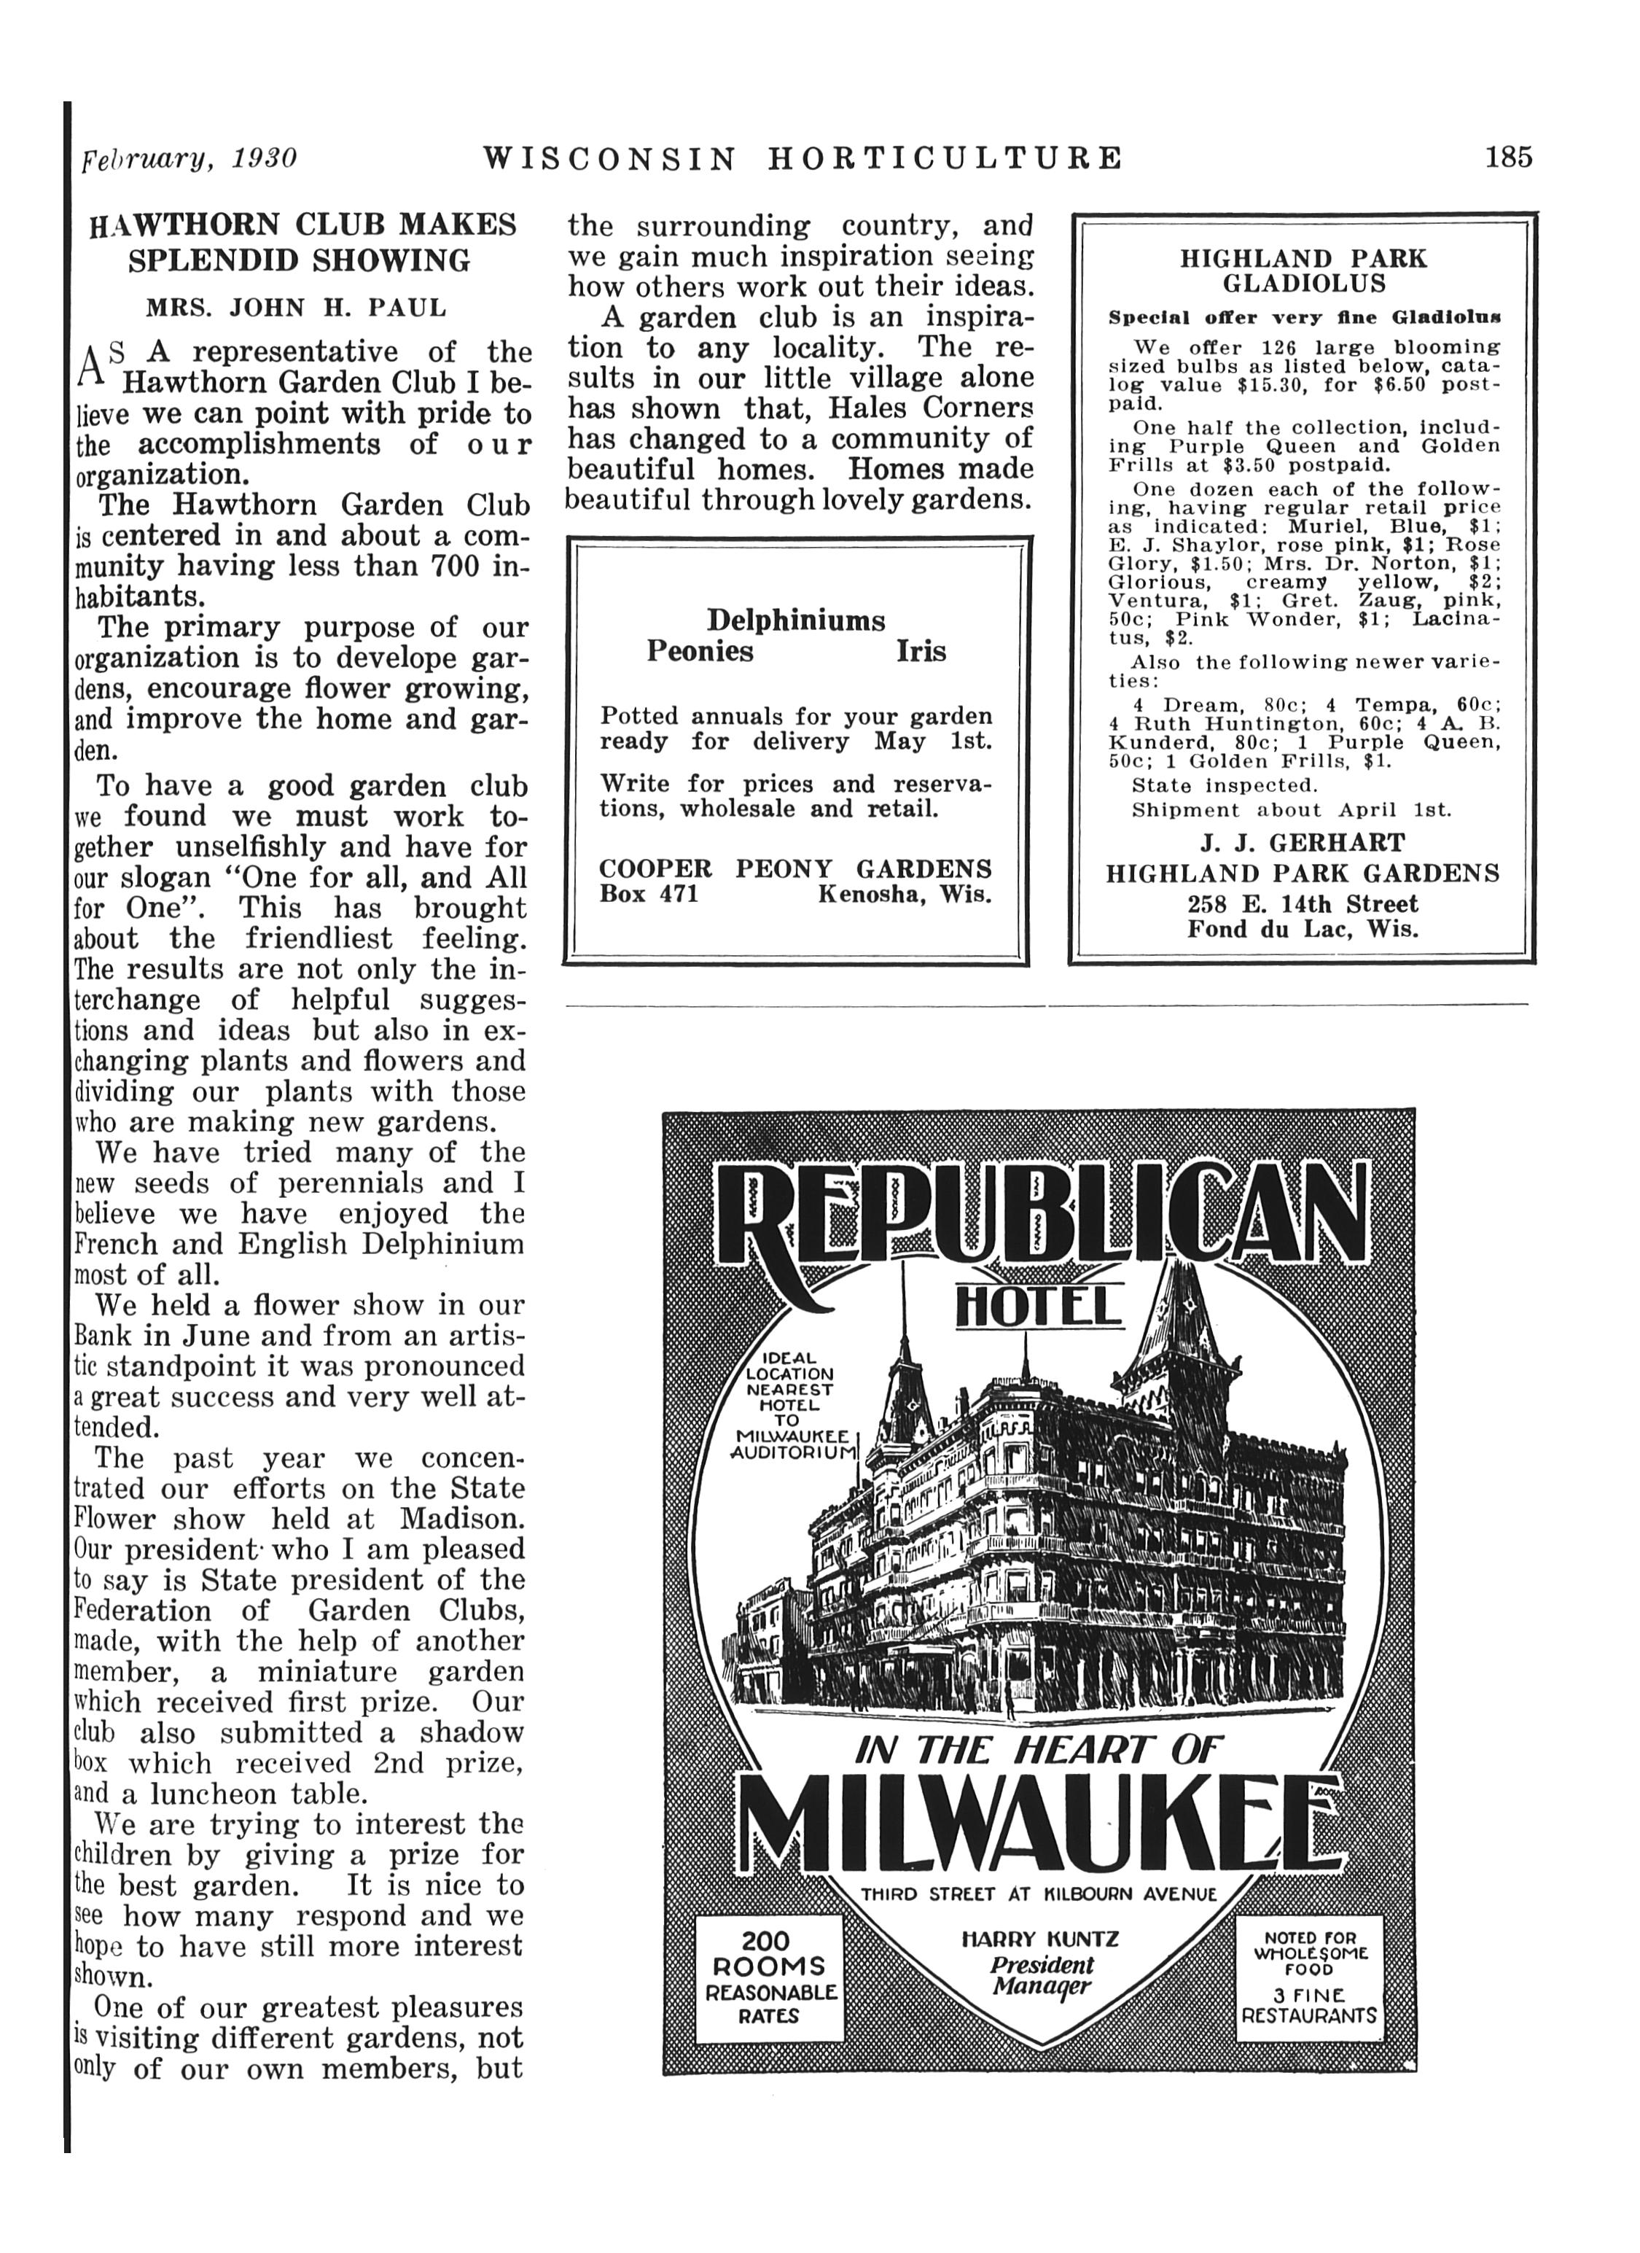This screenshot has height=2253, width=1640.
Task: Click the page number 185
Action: (x=1508, y=158)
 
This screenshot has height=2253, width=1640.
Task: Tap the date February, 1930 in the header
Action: (x=189, y=159)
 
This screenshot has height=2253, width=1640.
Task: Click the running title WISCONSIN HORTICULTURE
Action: (x=803, y=158)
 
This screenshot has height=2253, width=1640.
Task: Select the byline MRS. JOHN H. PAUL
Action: (x=296, y=308)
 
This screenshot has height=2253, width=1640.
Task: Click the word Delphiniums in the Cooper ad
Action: (x=796, y=621)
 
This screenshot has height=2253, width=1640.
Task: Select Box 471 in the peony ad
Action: (x=649, y=894)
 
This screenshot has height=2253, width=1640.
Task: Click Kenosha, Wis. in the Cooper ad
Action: (x=904, y=894)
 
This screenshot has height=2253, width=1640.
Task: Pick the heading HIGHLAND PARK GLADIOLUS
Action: (x=1303, y=271)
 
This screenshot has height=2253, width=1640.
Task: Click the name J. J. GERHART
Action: (x=1303, y=844)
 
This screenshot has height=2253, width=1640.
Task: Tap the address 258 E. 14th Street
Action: (x=1303, y=905)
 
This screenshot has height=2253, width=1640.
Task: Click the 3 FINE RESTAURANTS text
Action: (x=1309, y=2004)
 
